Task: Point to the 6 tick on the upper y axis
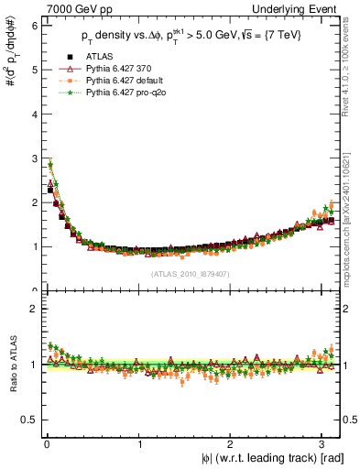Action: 33,26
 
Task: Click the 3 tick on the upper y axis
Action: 33,158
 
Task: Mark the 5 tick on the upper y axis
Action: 33,70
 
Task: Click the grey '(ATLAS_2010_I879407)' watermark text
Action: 191,273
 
